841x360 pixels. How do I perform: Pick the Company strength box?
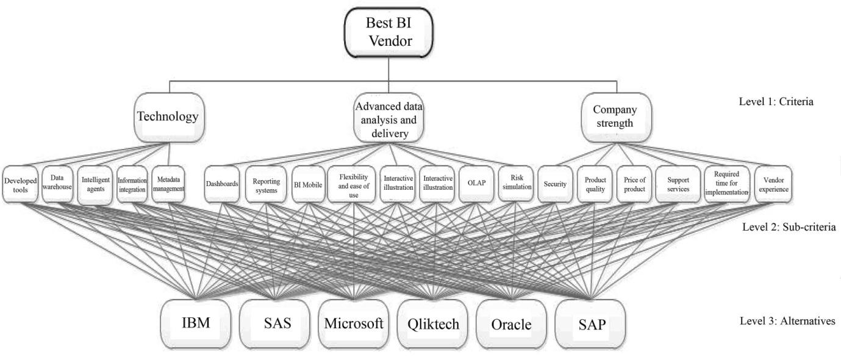(x=616, y=116)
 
